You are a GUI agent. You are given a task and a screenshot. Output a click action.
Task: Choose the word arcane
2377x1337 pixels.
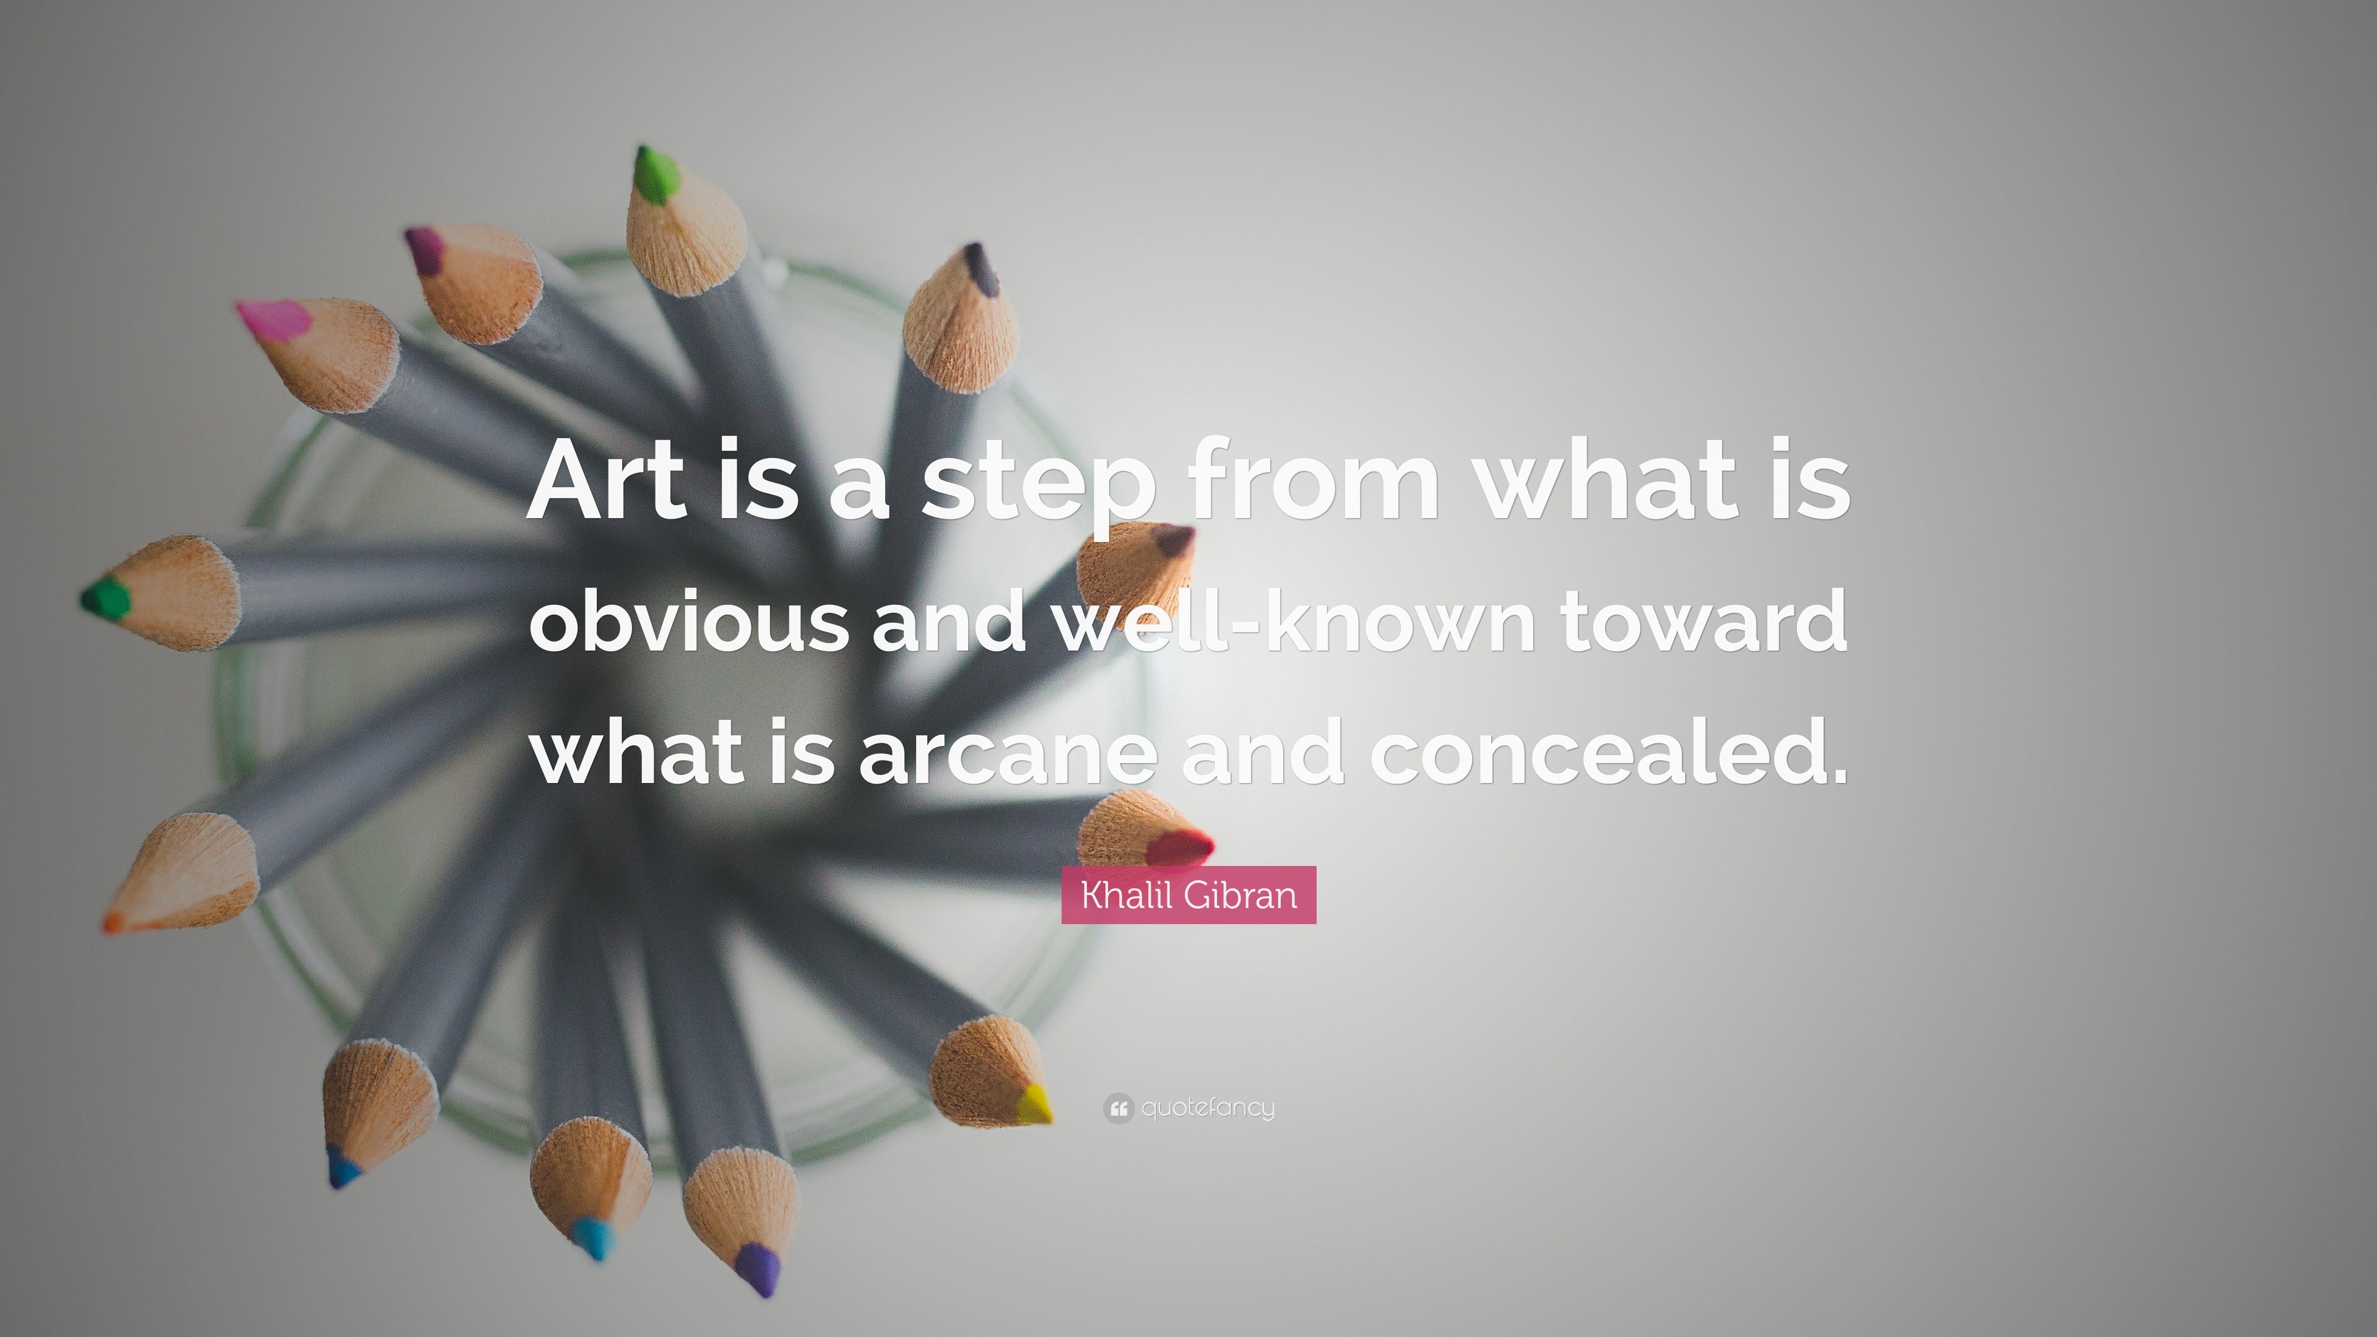tap(1008, 752)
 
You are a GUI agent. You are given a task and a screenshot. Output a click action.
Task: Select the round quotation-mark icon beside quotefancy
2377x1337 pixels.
tap(1119, 1108)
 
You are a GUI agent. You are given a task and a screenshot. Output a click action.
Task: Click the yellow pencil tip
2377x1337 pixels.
tap(1034, 1102)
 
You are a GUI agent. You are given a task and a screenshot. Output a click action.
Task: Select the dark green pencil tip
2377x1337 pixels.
tap(105, 598)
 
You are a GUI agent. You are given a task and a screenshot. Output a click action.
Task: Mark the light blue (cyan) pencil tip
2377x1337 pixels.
tap(592, 1237)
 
